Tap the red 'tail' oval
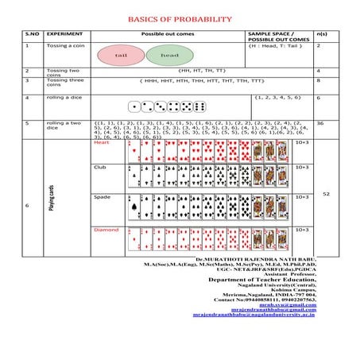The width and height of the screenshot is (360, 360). pos(121,56)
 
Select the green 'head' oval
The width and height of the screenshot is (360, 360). pos(168,56)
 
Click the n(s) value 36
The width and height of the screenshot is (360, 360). pos(319,123)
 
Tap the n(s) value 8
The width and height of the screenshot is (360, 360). pos(319,80)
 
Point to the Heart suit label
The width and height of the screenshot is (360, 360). pos(102,142)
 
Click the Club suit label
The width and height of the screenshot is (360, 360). pos(100,168)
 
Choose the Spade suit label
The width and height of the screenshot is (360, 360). pos(102,196)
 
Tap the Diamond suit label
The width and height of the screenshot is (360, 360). pos(106,230)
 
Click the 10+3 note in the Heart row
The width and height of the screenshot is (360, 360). pos(302,142)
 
